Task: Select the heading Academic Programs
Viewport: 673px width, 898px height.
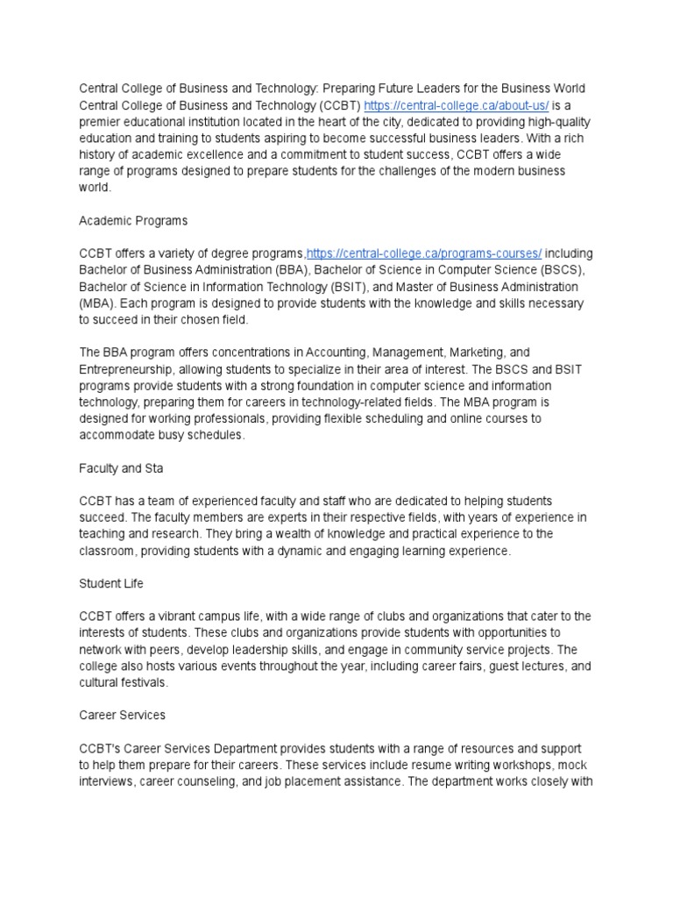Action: coord(133,220)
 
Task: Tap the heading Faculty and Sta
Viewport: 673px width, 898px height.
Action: coord(122,468)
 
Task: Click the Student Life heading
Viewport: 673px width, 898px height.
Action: coord(111,583)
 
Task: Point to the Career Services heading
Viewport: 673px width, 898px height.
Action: coord(122,715)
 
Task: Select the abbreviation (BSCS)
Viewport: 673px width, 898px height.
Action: coord(556,270)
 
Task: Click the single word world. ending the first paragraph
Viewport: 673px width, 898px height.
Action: coord(96,188)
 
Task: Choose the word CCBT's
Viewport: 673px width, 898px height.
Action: coord(103,748)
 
